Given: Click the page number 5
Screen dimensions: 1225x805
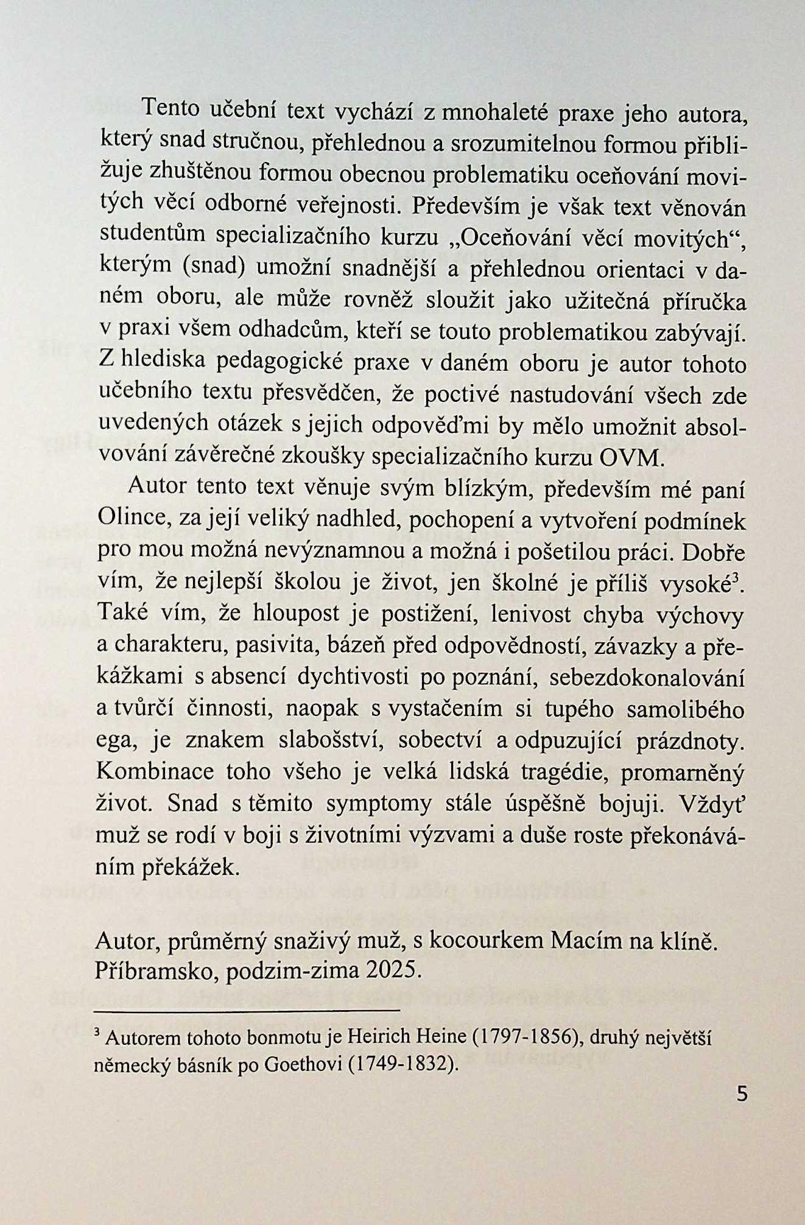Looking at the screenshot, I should (x=741, y=1094).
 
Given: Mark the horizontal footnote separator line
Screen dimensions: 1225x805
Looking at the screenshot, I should (x=247, y=1011).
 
